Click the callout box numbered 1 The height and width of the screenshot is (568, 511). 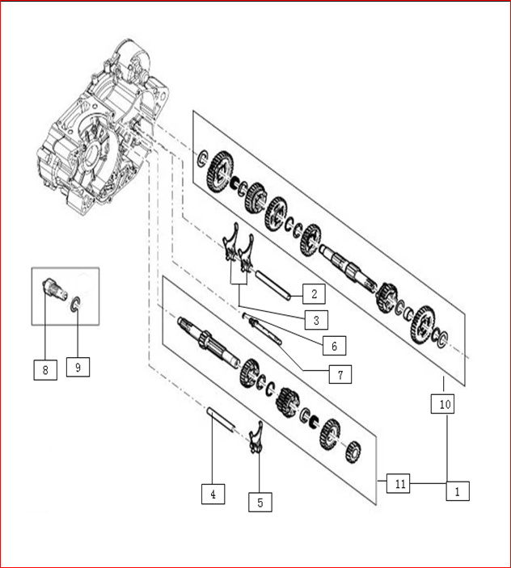pyautogui.click(x=456, y=490)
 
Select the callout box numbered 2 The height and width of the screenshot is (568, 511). pyautogui.click(x=314, y=292)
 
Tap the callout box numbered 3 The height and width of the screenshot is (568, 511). pyautogui.click(x=316, y=319)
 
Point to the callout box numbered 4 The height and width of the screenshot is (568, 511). pyautogui.click(x=213, y=493)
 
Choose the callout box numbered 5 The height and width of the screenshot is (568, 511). pyautogui.click(x=260, y=502)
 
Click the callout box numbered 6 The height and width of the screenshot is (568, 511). pyautogui.click(x=333, y=346)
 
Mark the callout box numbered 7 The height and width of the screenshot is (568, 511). pyautogui.click(x=340, y=374)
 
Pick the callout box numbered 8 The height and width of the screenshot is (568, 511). pyautogui.click(x=45, y=370)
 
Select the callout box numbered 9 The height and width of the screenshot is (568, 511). pyautogui.click(x=78, y=367)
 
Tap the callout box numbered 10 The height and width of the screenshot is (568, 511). pyautogui.click(x=445, y=403)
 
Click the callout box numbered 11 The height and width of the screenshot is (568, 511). pyautogui.click(x=399, y=484)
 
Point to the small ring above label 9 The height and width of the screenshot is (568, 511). pyautogui.click(x=74, y=304)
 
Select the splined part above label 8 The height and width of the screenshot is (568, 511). pyautogui.click(x=51, y=286)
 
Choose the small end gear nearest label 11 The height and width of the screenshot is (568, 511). pyautogui.click(x=353, y=452)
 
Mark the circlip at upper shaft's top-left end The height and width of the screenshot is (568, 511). pyautogui.click(x=202, y=158)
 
